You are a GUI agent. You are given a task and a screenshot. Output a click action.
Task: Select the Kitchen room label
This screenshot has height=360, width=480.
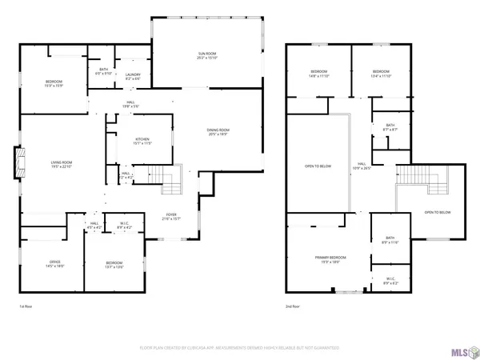pos(141,141)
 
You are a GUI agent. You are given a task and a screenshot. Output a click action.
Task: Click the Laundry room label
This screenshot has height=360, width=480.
pos(133,77)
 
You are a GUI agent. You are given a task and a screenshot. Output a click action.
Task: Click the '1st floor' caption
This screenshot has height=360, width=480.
pos(26,306)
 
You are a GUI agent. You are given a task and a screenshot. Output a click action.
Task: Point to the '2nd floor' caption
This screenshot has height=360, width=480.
pos(293,306)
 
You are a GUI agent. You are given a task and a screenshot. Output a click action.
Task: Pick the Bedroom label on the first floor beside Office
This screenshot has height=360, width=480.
pos(114,264)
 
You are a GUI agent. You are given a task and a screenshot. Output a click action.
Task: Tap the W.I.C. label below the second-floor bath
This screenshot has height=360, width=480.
pos(390,282)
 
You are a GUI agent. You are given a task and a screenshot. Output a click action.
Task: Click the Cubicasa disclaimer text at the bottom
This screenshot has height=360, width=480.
pos(240,348)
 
